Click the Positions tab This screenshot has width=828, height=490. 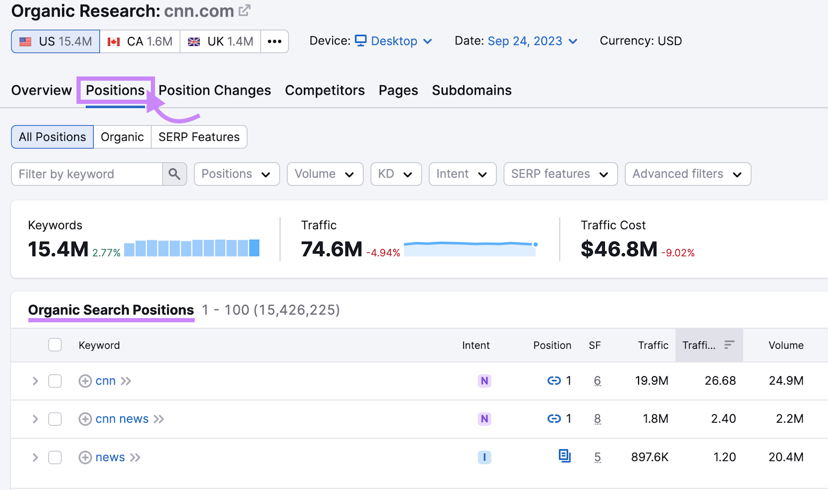(115, 91)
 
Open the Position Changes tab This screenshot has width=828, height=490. (214, 91)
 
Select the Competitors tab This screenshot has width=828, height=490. (324, 91)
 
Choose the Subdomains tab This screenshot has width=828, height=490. (471, 91)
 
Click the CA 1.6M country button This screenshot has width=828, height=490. (140, 41)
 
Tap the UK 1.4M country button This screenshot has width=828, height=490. (220, 41)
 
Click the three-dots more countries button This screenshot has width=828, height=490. (274, 41)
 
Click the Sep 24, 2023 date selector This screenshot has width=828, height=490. (532, 41)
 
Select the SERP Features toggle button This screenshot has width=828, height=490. (199, 137)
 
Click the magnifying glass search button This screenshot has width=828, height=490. (174, 174)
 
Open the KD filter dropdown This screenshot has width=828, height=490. (396, 174)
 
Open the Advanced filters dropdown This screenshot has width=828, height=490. (687, 174)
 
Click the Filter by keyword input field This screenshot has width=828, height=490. (87, 174)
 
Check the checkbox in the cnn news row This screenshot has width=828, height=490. (55, 419)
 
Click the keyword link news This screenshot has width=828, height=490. (110, 457)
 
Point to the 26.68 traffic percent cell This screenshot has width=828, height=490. (720, 381)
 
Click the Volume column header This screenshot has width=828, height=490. (786, 346)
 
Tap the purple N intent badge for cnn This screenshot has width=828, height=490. (484, 381)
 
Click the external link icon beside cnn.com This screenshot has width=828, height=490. (245, 10)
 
